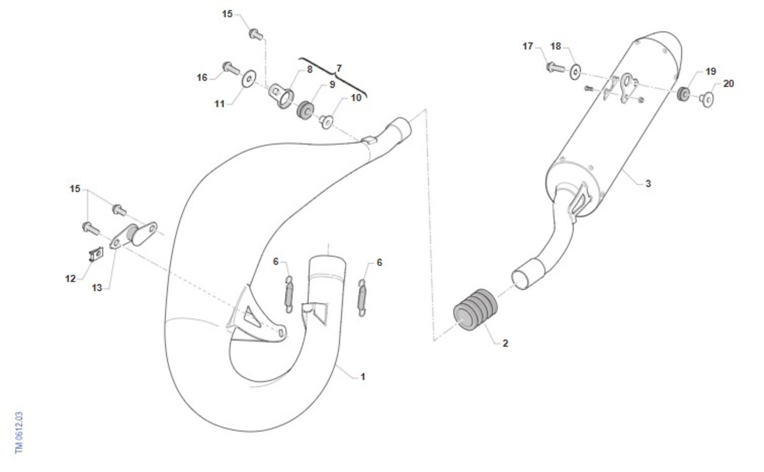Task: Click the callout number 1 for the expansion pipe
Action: pos(363,377)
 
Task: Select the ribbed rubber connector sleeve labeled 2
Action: pos(475,309)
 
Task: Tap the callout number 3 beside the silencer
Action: pos(648,184)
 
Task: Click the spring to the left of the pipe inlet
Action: pos(289,295)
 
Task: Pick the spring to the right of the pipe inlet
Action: pos(362,298)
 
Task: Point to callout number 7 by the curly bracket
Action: pos(339,69)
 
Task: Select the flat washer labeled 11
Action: pos(250,79)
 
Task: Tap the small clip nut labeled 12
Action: pos(96,254)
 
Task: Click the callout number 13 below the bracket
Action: pos(97,288)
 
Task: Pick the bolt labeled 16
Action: pos(231,68)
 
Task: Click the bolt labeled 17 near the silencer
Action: pos(556,67)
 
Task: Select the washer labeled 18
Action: pos(576,73)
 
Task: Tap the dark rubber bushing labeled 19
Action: pos(683,94)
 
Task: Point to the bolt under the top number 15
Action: pos(256,34)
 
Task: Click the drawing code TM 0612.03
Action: pos(19,433)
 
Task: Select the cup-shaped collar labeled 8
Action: pos(282,95)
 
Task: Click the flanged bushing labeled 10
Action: pos(327,121)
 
